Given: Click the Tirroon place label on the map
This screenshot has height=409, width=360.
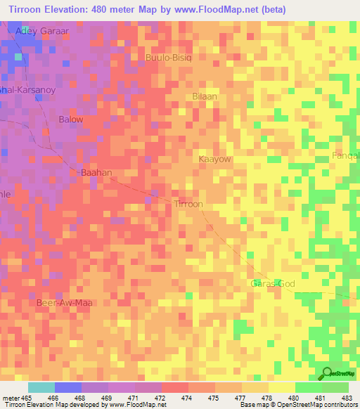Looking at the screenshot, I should pyautogui.click(x=188, y=204).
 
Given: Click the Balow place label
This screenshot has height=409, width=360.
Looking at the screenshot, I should pyautogui.click(x=71, y=119).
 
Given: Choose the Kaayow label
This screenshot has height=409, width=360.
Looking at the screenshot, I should pyautogui.click(x=215, y=160).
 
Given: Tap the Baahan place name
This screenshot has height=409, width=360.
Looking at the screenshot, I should pyautogui.click(x=96, y=172).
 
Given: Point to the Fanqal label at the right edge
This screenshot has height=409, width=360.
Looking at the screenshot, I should pyautogui.click(x=346, y=155).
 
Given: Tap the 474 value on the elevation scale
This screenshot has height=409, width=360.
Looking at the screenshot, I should pyautogui.click(x=188, y=398).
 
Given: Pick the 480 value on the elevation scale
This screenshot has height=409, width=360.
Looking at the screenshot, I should pyautogui.click(x=295, y=398).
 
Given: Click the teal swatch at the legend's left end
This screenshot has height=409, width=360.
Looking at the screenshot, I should pyautogui.click(x=41, y=387).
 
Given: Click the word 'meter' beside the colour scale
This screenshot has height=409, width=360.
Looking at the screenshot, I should pyautogui.click(x=11, y=398).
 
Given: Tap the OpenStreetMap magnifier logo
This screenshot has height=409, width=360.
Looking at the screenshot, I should pyautogui.click(x=328, y=373).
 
